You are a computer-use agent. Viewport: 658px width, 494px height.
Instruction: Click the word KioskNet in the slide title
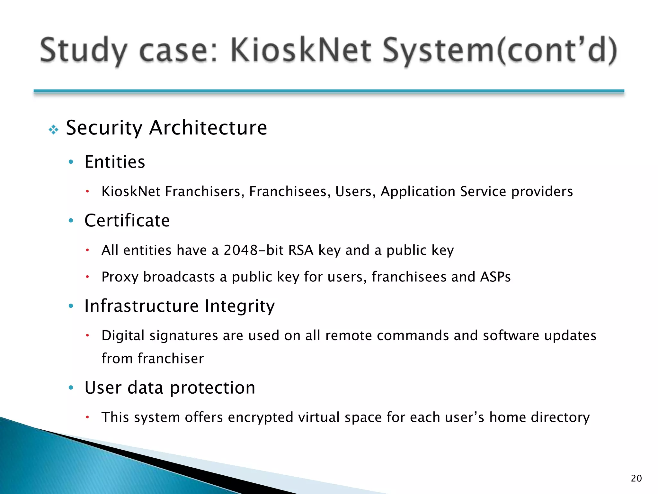tap(300, 50)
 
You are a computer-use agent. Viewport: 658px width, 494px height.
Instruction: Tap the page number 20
tap(636, 478)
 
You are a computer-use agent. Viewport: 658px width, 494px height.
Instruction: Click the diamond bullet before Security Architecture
tap(53, 130)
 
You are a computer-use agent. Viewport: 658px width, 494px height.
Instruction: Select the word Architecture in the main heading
tap(208, 128)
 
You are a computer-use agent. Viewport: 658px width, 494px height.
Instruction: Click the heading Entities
tap(115, 162)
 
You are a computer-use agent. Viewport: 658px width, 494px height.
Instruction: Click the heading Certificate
tap(127, 220)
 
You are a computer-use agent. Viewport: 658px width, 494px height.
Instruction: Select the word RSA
tap(301, 250)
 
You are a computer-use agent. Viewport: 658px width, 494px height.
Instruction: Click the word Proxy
tap(120, 277)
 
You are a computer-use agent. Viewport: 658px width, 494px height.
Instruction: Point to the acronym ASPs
tap(495, 277)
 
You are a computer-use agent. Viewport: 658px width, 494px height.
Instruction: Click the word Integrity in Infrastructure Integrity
tap(240, 306)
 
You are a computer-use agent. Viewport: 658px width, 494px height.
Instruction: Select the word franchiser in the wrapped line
tap(171, 359)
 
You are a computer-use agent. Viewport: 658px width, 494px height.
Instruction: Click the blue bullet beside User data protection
tap(71, 387)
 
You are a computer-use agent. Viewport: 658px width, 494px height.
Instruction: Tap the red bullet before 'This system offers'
tap(87, 417)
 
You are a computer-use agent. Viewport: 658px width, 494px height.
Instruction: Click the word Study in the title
tap(83, 50)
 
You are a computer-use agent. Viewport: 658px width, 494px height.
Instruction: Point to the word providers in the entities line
tap(542, 191)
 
